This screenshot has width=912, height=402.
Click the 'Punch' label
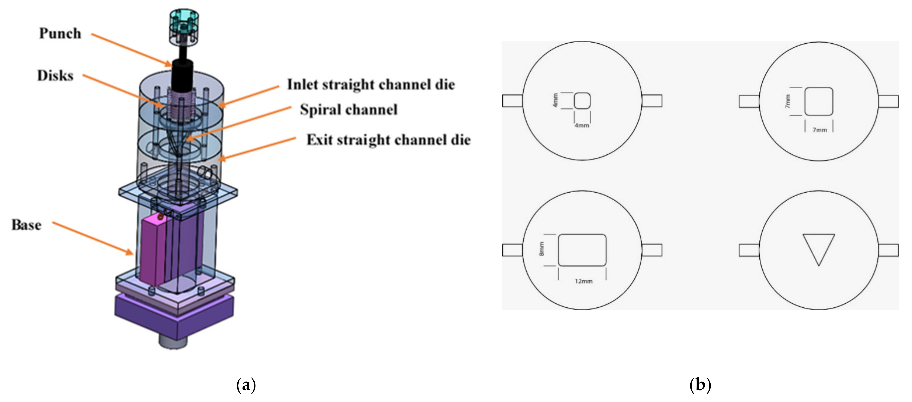(x=60, y=34)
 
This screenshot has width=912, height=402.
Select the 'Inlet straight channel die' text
(x=371, y=84)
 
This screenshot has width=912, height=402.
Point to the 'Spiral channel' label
(x=349, y=110)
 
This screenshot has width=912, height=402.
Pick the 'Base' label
(x=27, y=225)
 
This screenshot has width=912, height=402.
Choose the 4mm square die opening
(x=582, y=101)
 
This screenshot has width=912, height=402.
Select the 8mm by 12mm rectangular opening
(x=582, y=250)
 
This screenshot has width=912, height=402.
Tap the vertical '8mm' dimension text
(x=541, y=249)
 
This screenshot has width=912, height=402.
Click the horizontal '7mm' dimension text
(x=820, y=130)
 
